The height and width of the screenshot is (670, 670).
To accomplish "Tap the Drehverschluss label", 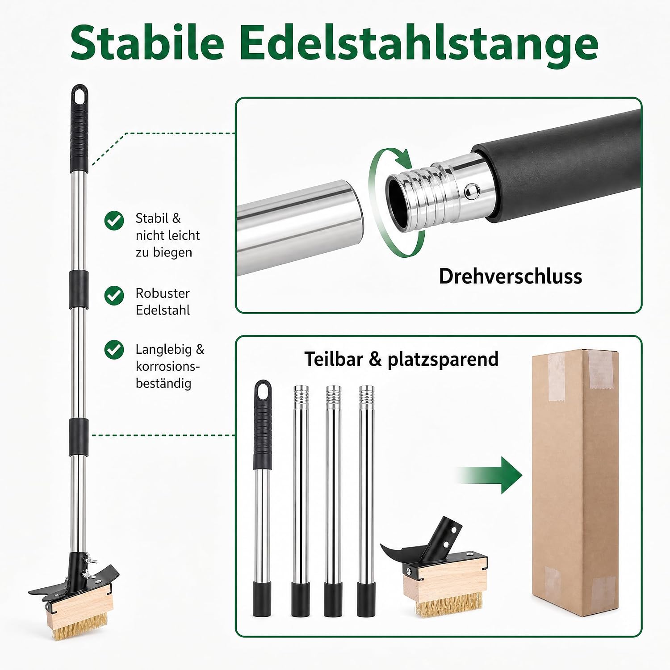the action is click(511, 276).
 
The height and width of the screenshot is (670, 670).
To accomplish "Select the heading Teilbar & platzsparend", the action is click(401, 359).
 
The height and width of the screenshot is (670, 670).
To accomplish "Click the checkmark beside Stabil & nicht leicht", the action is click(114, 220).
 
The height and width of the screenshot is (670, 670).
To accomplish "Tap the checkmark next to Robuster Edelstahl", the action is click(114, 295).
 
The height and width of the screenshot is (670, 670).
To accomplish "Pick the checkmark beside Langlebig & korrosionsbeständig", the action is click(114, 350).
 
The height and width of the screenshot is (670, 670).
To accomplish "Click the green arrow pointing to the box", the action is click(490, 475).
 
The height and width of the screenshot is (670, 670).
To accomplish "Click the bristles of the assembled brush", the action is click(80, 630).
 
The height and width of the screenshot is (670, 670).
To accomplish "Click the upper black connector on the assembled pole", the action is click(79, 289).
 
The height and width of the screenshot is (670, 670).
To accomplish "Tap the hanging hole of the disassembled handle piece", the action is click(263, 391).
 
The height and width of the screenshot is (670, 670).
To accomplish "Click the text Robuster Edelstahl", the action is click(163, 301).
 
